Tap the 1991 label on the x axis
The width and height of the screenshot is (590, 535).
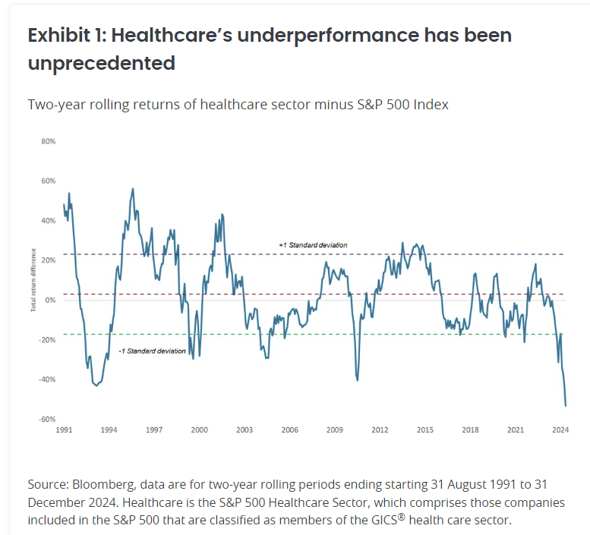tap(64, 430)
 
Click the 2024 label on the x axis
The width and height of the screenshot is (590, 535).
tap(561, 430)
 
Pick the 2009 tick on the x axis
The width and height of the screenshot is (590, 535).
tap(334, 430)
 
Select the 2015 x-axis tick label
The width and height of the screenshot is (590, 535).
tap(424, 430)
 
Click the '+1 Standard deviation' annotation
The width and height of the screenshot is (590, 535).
tap(313, 245)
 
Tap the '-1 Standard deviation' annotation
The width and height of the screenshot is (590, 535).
tap(152, 351)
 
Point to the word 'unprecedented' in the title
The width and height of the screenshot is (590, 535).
tap(102, 63)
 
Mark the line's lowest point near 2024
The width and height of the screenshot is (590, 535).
tap(566, 406)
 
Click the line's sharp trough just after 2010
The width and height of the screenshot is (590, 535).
tap(357, 380)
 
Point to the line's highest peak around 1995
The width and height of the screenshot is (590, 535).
tap(134, 188)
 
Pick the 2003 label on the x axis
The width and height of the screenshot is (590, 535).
tap(244, 430)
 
